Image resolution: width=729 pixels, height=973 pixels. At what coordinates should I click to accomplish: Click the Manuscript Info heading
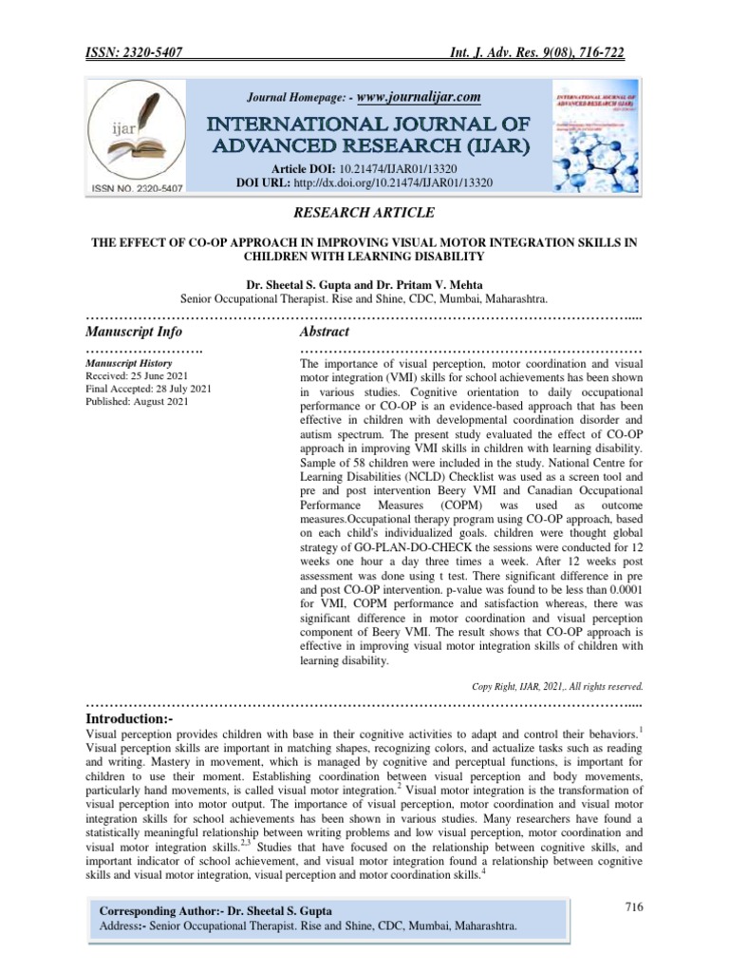click(134, 332)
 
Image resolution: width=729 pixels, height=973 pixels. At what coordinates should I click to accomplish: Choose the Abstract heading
click(324, 332)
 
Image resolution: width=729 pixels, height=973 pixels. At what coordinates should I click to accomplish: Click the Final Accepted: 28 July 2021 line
click(148, 389)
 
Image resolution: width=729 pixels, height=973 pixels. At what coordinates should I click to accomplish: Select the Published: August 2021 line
click(138, 401)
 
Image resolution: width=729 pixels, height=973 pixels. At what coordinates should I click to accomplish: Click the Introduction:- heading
click(130, 719)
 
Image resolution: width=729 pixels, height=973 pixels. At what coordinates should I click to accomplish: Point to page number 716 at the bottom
click(634, 907)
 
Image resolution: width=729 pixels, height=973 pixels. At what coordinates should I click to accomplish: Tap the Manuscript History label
click(128, 364)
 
